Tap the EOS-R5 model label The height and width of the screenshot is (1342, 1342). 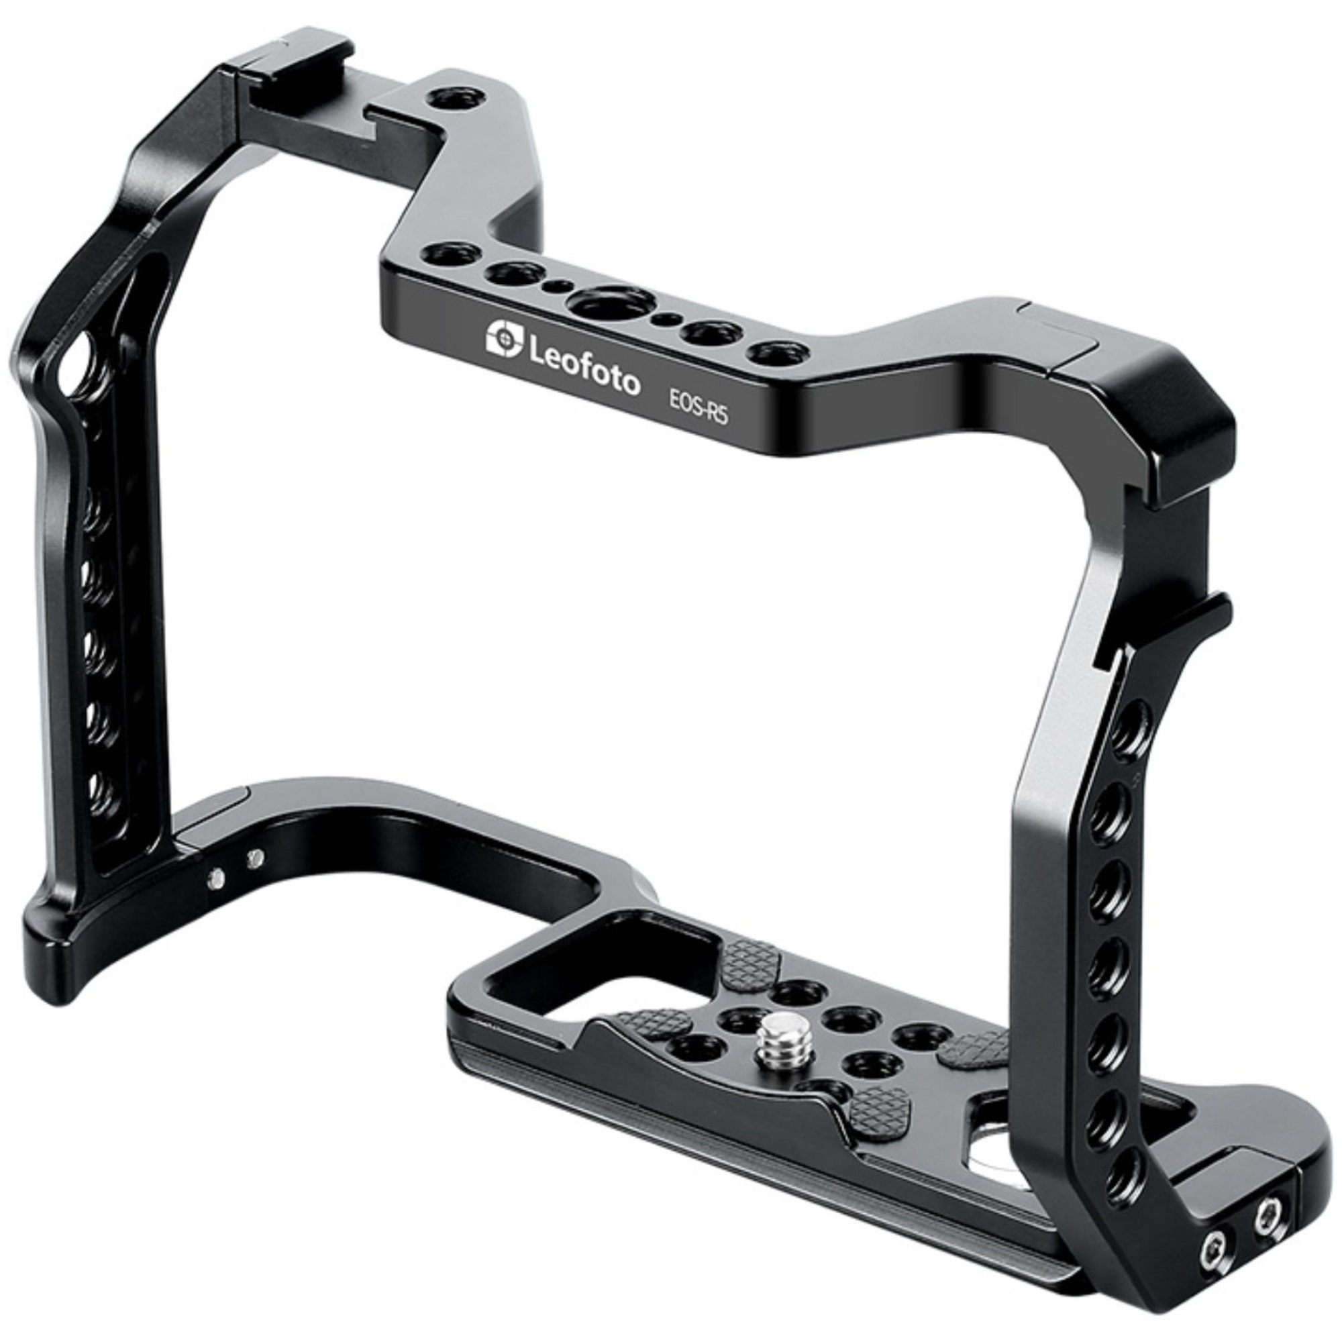[693, 407]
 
